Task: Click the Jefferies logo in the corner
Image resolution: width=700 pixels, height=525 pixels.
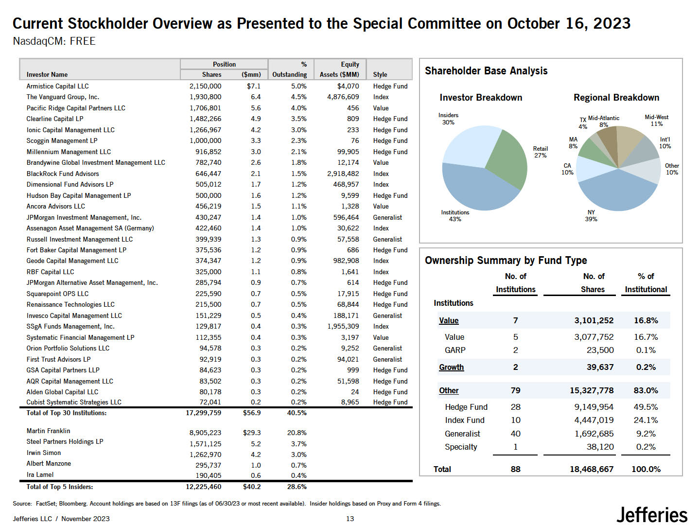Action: click(x=652, y=515)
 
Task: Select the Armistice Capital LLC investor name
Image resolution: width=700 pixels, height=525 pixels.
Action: click(x=57, y=86)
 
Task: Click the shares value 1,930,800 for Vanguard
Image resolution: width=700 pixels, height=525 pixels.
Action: click(x=205, y=97)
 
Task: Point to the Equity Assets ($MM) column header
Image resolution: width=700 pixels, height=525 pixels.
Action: click(x=339, y=70)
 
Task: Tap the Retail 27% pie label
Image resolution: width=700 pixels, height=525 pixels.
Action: click(x=540, y=152)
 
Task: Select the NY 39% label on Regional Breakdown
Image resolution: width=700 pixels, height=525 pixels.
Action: click(x=591, y=216)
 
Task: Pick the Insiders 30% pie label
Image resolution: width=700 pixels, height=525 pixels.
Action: click(x=448, y=119)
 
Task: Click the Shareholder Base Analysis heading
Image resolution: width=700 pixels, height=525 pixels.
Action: click(x=486, y=71)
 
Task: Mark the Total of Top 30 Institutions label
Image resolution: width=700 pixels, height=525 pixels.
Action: click(x=67, y=413)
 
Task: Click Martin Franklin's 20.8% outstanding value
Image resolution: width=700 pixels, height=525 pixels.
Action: click(x=298, y=433)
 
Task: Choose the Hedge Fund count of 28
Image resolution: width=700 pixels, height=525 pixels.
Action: click(x=515, y=407)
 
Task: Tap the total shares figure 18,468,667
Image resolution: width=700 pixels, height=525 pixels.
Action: click(x=591, y=469)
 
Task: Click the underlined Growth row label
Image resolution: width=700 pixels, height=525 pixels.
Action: click(x=451, y=367)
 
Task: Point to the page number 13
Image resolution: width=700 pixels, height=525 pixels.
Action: click(x=350, y=519)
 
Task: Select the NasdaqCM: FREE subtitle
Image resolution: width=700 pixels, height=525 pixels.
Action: click(x=54, y=41)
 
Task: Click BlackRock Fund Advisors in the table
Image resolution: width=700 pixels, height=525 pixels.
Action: click(x=63, y=174)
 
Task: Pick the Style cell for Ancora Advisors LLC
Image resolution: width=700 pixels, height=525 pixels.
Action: click(x=381, y=206)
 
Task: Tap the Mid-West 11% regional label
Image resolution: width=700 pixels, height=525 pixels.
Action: click(x=656, y=121)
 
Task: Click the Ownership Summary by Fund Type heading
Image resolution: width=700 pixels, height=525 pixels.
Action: click(x=506, y=261)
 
